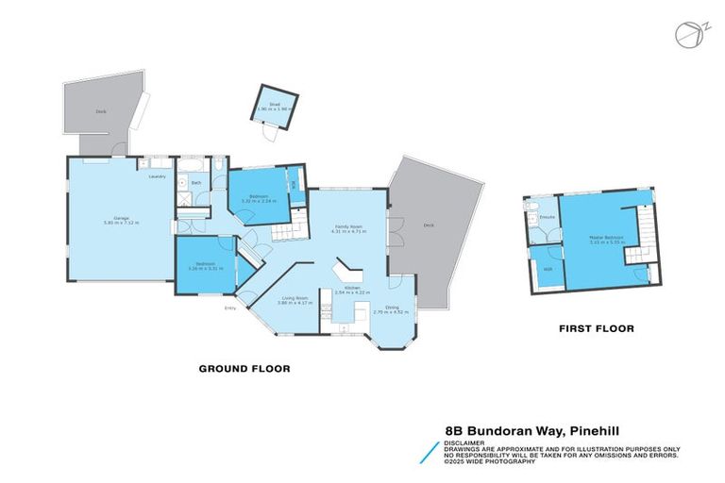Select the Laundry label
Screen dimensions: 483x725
click(x=158, y=176)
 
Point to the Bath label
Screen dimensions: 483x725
click(x=195, y=182)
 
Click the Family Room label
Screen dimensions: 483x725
click(x=348, y=226)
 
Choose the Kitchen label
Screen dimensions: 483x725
click(x=351, y=289)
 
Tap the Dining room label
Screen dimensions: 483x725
click(x=391, y=308)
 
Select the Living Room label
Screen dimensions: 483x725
click(x=294, y=299)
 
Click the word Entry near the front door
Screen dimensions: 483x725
click(x=228, y=308)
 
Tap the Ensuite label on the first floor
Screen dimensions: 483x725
click(x=546, y=218)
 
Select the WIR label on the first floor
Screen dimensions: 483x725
click(x=548, y=270)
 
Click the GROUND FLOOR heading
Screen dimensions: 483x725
click(x=244, y=368)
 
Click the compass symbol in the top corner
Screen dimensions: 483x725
click(x=687, y=34)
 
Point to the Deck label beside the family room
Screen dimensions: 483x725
click(x=428, y=226)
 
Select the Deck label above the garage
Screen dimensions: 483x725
click(x=100, y=111)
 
